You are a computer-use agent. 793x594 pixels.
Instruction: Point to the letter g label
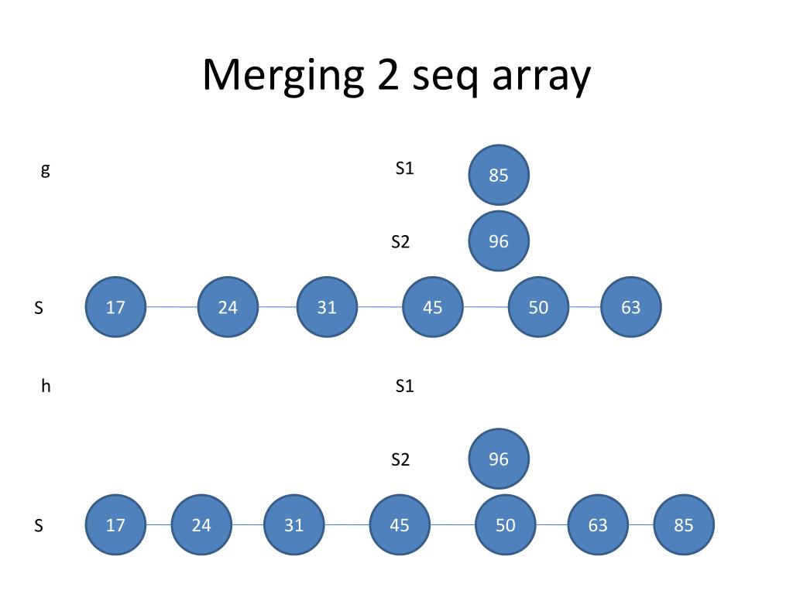coord(45,169)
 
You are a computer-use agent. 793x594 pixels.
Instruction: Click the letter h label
coord(46,386)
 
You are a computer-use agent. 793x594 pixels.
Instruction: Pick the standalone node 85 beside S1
coord(499,176)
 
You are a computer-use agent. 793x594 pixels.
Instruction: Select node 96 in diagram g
coord(499,241)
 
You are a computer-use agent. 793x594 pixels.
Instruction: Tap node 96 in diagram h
coord(499,459)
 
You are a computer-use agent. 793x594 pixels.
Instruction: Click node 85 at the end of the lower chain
coord(684,525)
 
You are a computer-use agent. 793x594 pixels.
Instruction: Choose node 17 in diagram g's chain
coord(115,307)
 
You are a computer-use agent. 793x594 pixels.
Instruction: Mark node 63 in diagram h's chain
coord(598,525)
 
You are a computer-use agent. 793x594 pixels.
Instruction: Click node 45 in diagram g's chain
coord(433,307)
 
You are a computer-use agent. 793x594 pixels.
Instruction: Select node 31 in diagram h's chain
coord(294,525)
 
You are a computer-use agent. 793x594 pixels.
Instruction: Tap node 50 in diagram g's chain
coord(538,307)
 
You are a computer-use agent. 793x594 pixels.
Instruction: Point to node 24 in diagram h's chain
coord(201,525)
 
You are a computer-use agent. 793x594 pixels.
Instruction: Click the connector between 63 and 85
coord(641,525)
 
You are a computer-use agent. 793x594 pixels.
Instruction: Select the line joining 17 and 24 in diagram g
coord(171,307)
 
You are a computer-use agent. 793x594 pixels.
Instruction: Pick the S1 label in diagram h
coord(405,386)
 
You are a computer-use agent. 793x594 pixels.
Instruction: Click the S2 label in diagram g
coord(400,242)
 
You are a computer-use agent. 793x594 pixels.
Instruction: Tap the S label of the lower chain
coord(38,526)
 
